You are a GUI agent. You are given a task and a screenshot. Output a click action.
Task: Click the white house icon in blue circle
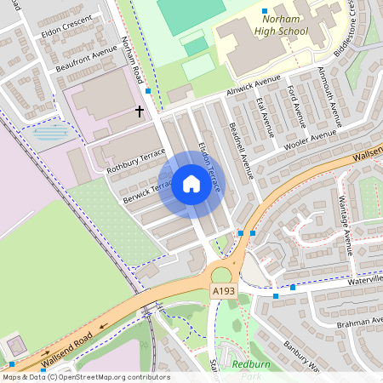191,184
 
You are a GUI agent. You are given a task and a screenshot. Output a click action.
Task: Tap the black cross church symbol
140,111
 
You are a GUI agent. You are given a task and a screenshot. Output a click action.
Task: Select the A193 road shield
223,292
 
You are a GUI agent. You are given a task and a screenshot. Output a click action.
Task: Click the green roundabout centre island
220,275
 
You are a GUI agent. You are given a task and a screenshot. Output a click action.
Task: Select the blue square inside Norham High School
265,11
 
